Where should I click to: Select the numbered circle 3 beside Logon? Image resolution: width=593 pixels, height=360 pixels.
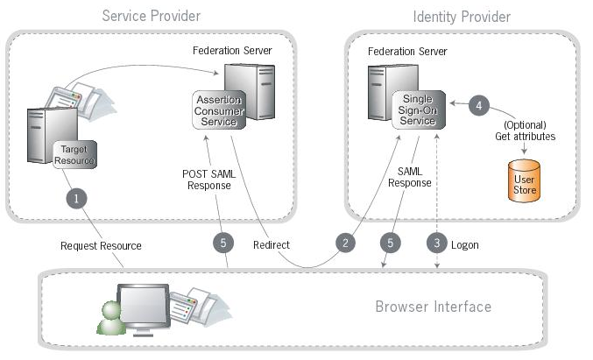(435, 244)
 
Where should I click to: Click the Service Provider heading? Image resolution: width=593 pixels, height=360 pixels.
(151, 16)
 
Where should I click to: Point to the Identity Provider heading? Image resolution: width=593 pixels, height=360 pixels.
(462, 16)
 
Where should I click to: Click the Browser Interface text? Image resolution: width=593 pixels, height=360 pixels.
(433, 307)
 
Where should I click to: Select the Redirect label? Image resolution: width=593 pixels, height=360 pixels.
(271, 244)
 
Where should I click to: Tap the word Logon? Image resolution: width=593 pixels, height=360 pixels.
(465, 244)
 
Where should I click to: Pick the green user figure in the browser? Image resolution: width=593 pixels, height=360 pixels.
(111, 318)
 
